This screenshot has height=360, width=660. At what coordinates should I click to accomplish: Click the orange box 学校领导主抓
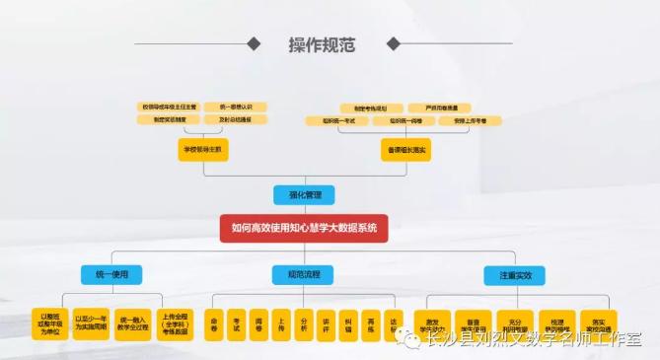coord(202,150)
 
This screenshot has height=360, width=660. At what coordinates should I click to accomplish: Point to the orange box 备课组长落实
coord(406,150)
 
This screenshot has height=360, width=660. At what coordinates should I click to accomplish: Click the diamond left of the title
coord(255,44)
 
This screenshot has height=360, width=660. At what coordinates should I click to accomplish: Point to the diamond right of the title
coord(394,44)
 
